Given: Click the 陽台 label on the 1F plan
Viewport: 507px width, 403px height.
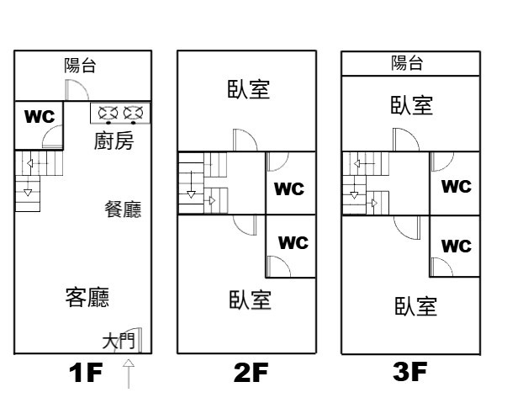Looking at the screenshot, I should pos(80,65).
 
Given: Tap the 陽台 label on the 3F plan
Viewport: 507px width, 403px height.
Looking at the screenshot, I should pos(407,62).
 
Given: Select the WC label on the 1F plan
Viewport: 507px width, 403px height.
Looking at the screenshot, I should pos(39,116).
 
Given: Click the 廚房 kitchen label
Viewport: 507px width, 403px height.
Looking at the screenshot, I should pos(113,141).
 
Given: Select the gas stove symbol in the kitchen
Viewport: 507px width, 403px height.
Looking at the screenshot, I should pos(120,112).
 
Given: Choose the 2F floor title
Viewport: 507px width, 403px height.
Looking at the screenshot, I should pos(251,374).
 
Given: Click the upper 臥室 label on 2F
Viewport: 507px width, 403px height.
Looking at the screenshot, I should pos(249,89).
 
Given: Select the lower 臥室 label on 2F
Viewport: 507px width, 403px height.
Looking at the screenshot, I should pos(250,300).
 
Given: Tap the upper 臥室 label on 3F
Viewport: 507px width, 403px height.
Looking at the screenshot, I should pos(412,105).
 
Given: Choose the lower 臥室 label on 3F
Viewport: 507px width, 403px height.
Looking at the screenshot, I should pos(415,305).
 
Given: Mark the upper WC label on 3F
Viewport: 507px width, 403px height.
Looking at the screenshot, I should pos(457,187).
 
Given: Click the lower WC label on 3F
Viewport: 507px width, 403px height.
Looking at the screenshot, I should pos(457,247).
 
